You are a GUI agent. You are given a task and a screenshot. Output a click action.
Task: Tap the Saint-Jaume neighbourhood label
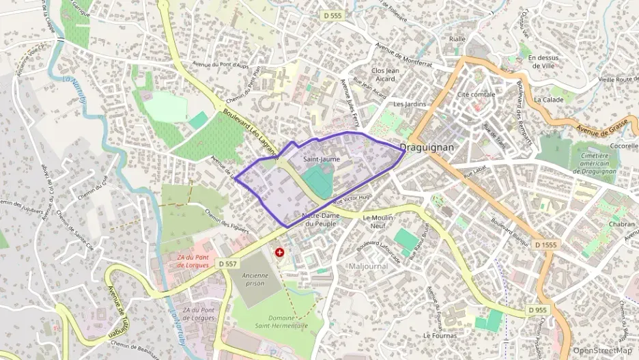click(321, 159)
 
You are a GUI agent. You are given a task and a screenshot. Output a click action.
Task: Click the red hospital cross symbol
click(279, 252)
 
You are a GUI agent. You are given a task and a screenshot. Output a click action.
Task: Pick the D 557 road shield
click(229, 263)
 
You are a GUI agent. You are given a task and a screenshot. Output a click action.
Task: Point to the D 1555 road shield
click(547, 245)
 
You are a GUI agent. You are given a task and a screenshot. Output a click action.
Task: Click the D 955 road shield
click(537, 310)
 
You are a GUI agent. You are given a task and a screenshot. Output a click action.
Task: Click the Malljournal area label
click(368, 266)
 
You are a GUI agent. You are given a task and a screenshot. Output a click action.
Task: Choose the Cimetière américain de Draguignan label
click(595, 163)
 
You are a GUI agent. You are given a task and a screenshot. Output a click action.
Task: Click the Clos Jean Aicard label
click(384, 74)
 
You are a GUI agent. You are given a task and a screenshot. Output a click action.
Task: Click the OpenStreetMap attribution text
click(602, 350)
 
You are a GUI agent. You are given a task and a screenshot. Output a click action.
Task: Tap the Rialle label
click(457, 39)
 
